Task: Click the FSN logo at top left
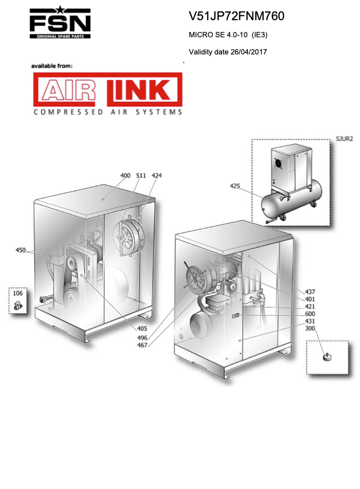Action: click(60, 22)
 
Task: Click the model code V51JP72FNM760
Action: click(236, 16)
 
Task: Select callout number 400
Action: click(125, 176)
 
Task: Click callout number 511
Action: click(141, 176)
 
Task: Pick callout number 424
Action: click(157, 176)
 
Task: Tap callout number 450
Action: click(21, 250)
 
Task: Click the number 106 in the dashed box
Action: click(18, 293)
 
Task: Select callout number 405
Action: click(142, 328)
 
